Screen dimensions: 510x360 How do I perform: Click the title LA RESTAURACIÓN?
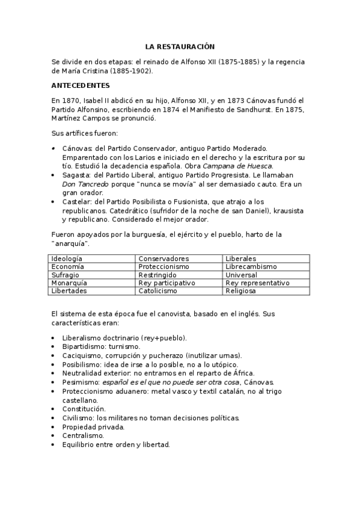click(180, 46)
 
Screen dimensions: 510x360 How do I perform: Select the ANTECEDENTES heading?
click(81, 85)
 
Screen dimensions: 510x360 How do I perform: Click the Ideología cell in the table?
click(67, 258)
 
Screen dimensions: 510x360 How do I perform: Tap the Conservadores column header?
click(163, 258)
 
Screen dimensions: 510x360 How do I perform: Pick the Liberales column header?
click(240, 258)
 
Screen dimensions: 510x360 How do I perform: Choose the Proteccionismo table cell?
click(163, 266)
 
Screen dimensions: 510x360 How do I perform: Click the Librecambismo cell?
click(251, 266)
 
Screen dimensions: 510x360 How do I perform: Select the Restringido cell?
click(157, 274)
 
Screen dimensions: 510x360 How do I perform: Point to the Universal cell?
click(241, 274)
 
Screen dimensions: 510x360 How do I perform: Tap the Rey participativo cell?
click(166, 283)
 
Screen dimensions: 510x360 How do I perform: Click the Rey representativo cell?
click(257, 283)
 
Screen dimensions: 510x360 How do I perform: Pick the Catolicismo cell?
click(157, 291)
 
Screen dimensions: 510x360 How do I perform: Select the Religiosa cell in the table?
click(240, 291)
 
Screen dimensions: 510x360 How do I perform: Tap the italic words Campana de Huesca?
click(237, 165)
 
